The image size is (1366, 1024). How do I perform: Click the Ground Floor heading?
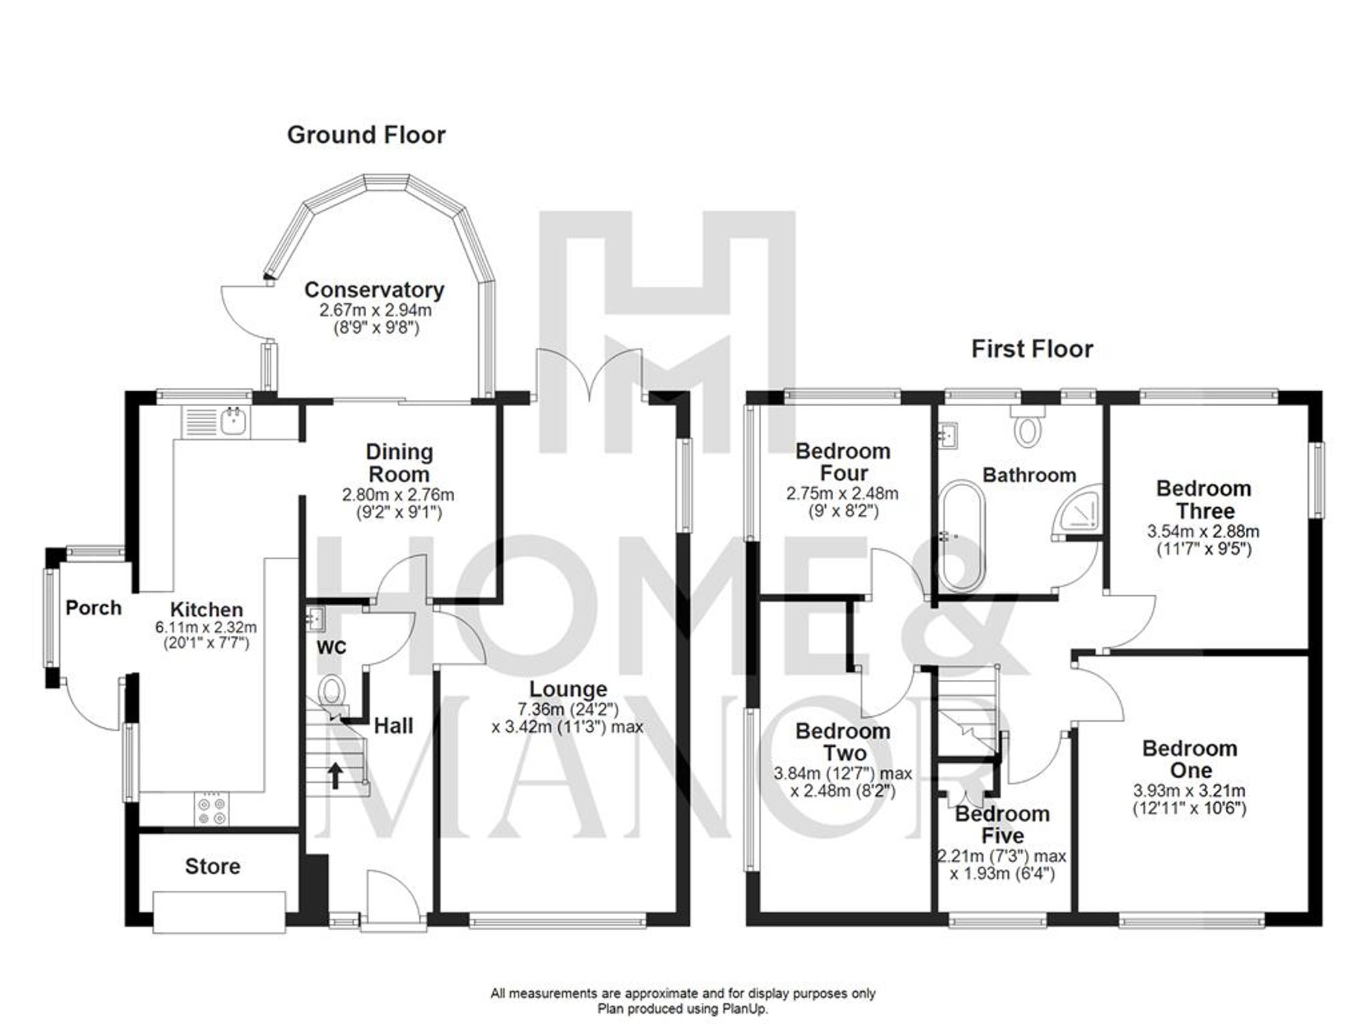(x=366, y=135)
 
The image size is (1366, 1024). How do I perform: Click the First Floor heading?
(x=1032, y=350)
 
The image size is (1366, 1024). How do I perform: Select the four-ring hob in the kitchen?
(x=211, y=810)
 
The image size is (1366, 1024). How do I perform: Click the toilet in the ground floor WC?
(x=331, y=689)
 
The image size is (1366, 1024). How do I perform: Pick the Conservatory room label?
(x=374, y=290)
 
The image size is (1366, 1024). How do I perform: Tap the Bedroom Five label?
(x=1002, y=825)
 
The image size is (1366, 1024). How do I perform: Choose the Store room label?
(x=212, y=867)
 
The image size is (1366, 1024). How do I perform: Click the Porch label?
(x=94, y=608)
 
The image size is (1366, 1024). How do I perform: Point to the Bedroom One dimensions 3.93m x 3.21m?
(x=1189, y=791)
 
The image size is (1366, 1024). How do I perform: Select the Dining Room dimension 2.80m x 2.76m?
(x=398, y=495)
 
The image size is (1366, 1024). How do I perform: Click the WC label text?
(x=331, y=647)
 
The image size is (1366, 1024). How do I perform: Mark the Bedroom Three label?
(x=1203, y=500)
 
